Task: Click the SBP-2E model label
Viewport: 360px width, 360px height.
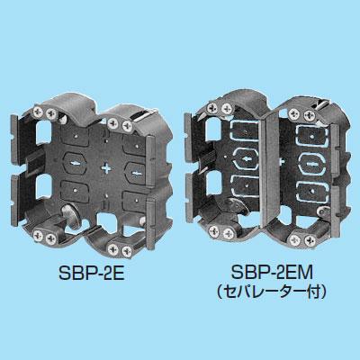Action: point(91,274)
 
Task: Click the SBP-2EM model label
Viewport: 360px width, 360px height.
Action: point(272,273)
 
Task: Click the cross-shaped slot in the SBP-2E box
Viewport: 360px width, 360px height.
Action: point(107,168)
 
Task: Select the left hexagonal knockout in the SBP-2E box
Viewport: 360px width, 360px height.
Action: point(75,163)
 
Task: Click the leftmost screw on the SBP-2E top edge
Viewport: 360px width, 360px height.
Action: point(40,111)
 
